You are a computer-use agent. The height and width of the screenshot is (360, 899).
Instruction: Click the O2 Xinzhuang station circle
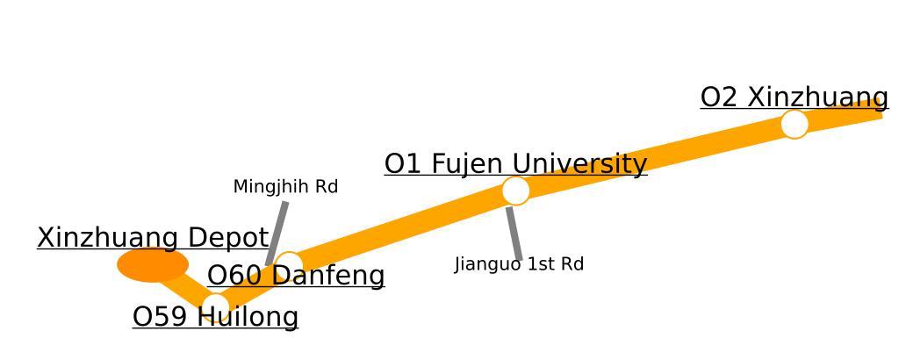tap(794, 124)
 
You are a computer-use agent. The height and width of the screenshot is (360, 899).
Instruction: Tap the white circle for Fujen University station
tap(515, 191)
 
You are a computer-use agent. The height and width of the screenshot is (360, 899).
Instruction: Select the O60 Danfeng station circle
tap(288, 264)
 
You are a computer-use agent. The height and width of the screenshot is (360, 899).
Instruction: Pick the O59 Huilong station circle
tap(216, 306)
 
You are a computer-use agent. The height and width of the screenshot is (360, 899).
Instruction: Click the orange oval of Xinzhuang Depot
tap(153, 264)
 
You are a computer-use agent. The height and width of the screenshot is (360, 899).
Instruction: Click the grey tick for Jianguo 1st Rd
tap(514, 234)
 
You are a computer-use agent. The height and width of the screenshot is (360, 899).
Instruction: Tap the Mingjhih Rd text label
tap(285, 187)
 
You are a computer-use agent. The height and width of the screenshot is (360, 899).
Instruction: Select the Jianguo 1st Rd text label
tap(519, 264)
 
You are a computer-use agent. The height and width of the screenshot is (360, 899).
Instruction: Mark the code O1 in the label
tap(404, 164)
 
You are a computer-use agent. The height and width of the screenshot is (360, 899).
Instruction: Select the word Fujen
tap(469, 164)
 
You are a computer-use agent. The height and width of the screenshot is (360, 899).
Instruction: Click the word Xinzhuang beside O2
tap(818, 97)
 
